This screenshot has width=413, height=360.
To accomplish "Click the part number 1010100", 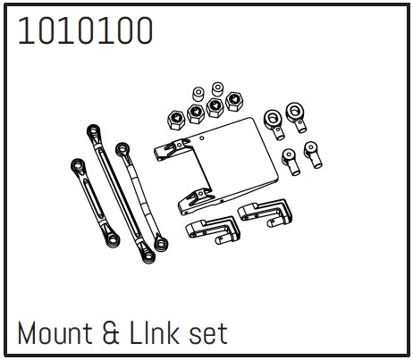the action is pyautogui.click(x=85, y=30).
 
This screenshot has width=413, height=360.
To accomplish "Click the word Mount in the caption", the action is pyautogui.click(x=55, y=333).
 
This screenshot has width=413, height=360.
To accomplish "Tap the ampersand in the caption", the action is pyautogui.click(x=111, y=333).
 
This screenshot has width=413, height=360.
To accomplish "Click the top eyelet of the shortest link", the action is pyautogui.click(x=78, y=166).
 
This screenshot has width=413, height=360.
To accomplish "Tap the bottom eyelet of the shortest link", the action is pyautogui.click(x=113, y=239).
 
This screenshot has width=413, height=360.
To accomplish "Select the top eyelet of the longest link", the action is pyautogui.click(x=94, y=131).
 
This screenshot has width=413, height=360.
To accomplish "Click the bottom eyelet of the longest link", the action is pyautogui.click(x=147, y=255).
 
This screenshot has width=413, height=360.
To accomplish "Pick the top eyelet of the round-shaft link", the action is pyautogui.click(x=122, y=149).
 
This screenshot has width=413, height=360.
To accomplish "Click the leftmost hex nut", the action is pyautogui.click(x=176, y=120).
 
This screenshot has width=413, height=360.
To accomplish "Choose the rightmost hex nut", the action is pyautogui.click(x=234, y=101).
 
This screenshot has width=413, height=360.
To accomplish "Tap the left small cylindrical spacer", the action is pyautogui.click(x=198, y=94).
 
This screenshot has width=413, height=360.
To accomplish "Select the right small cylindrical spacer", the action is pyautogui.click(x=218, y=89).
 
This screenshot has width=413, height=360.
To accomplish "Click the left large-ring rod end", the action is pyautogui.click(x=274, y=124).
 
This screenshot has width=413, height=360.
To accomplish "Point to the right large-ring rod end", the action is pyautogui.click(x=296, y=117).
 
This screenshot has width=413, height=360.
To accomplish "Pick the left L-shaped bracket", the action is pyautogui.click(x=212, y=230).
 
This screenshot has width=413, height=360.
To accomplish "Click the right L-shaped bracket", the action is pyautogui.click(x=265, y=213).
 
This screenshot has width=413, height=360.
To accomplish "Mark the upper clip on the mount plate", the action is pyautogui.click(x=173, y=149).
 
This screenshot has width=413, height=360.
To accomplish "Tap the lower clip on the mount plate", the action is pyautogui.click(x=197, y=202).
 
